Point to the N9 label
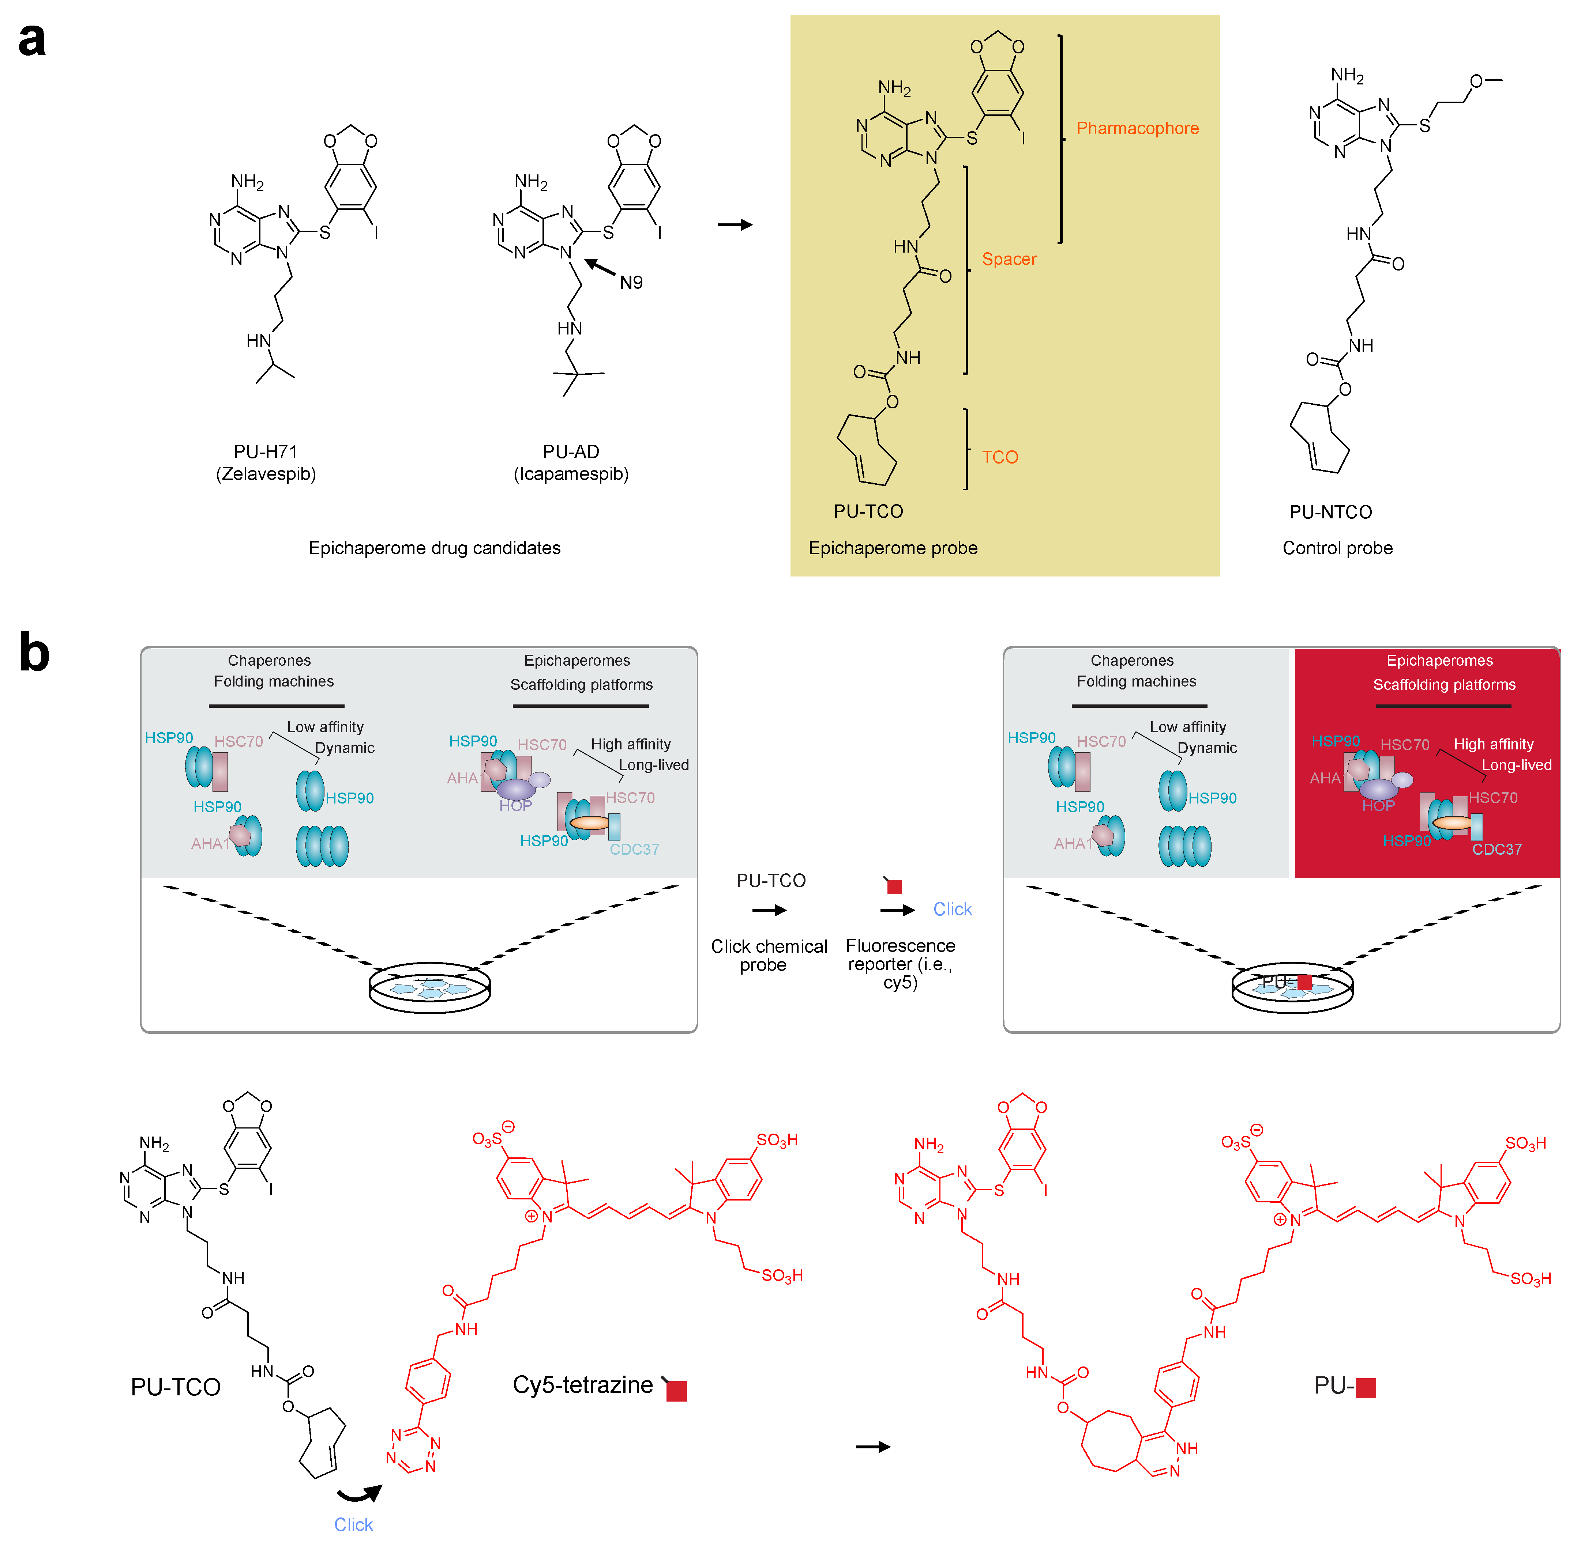pos(631,283)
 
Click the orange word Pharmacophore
pos(1137,129)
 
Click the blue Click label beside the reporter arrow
pos(952,909)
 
